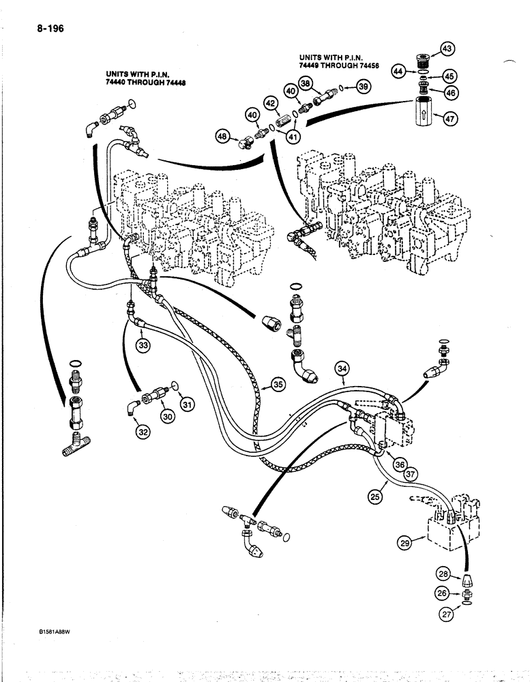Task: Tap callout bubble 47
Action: pyautogui.click(x=449, y=119)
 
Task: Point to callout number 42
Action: pyautogui.click(x=270, y=104)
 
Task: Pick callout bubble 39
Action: pyautogui.click(x=363, y=86)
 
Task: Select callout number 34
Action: pyautogui.click(x=343, y=370)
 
